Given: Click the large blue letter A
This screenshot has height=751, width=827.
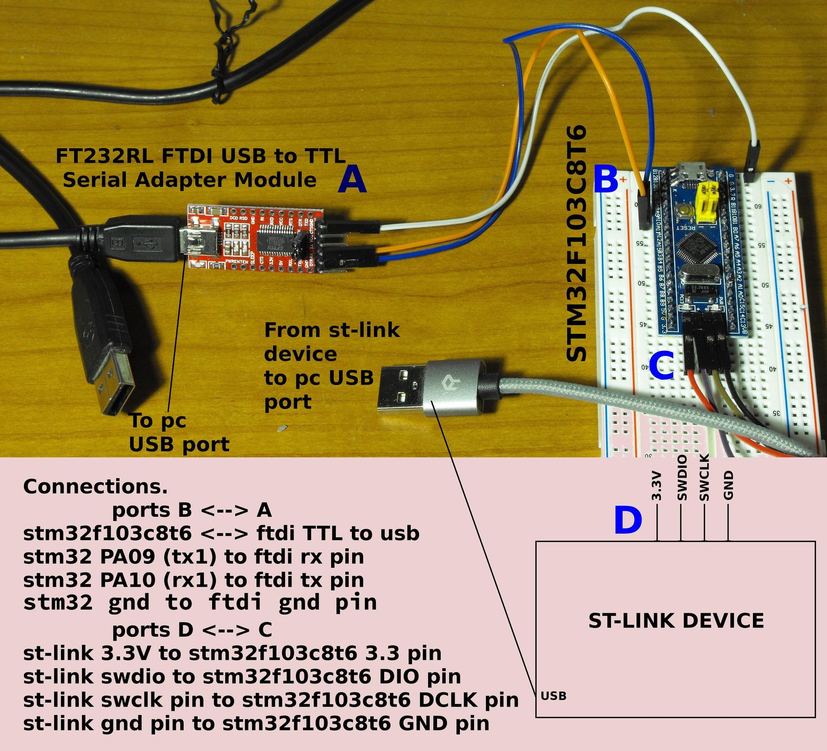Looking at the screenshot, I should (352, 179).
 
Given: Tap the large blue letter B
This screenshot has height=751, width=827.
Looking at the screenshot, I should (605, 179).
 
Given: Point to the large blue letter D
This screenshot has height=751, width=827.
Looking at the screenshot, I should (627, 520).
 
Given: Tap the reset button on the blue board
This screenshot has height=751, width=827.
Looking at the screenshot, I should (684, 212).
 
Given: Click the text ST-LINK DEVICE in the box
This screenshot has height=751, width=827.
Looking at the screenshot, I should (676, 621).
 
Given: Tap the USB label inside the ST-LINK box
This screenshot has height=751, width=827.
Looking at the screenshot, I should (553, 696).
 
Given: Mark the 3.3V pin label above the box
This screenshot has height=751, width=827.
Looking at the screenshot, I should (657, 486).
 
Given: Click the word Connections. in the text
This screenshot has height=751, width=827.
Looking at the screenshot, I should (95, 487).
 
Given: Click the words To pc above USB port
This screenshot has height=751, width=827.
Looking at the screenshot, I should (157, 420).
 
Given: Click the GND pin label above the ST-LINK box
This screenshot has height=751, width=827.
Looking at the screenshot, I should (728, 484).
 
